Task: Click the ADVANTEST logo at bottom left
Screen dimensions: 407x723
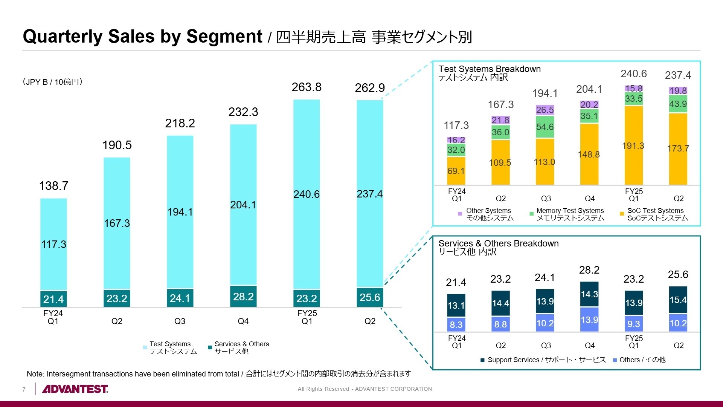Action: tap(75, 389)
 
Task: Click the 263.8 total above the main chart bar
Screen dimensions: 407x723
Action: tap(306, 87)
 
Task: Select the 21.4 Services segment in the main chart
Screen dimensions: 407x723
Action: tap(53, 299)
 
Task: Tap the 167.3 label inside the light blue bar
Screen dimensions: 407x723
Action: tap(117, 223)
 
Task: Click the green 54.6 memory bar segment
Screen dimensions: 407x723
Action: tap(545, 127)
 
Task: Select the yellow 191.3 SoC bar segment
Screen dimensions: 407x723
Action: tap(633, 146)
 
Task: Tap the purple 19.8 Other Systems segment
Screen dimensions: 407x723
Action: tap(678, 91)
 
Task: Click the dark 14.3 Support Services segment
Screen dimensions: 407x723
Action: tap(589, 294)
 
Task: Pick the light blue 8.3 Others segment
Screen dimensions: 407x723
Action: tap(456, 324)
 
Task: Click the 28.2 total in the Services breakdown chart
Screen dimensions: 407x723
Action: tap(589, 270)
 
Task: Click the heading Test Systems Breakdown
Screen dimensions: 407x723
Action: tap(490, 69)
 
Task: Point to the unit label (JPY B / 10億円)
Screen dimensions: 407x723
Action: tap(52, 82)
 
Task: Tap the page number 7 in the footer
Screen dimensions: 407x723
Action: tap(24, 389)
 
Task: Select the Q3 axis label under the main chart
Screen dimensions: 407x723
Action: tap(180, 321)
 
